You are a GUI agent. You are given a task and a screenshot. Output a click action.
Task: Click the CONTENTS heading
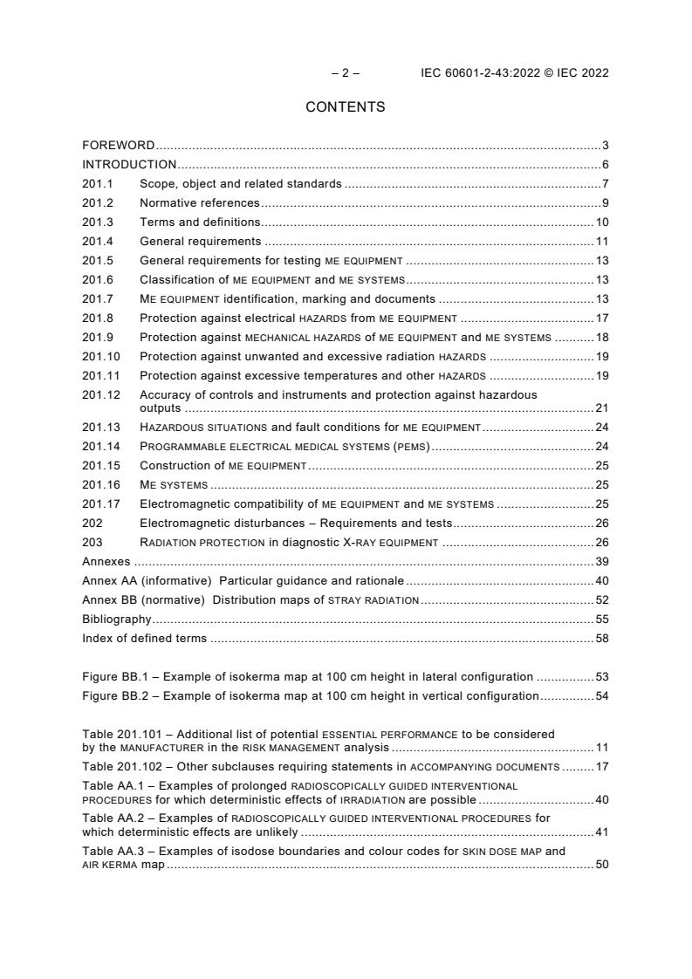[346, 107]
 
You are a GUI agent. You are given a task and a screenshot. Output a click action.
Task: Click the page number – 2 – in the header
[346, 73]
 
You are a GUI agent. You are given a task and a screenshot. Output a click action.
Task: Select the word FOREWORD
[119, 145]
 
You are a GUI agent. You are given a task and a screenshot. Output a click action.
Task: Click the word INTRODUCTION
[129, 164]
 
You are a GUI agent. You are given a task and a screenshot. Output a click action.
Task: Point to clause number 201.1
[98, 183]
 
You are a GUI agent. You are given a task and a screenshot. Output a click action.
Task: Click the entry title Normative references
[200, 202]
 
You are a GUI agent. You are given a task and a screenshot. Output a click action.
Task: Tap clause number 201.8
[98, 318]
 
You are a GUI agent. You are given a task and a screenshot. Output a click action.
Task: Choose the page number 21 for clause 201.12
[601, 407]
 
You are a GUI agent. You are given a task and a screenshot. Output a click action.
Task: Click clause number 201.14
[101, 447]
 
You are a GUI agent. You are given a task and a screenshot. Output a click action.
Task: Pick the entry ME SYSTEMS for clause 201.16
[174, 485]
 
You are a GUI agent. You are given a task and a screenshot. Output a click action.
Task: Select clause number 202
[92, 524]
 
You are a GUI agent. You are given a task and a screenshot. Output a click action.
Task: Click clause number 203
[92, 543]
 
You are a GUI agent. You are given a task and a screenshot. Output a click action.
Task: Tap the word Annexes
[106, 562]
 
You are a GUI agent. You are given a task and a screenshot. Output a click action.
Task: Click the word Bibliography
[117, 619]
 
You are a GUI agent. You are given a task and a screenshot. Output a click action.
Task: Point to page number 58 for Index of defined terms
[601, 638]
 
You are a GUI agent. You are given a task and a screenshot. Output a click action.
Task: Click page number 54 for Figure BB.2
[601, 695]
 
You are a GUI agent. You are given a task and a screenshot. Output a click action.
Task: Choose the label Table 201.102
[120, 767]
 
